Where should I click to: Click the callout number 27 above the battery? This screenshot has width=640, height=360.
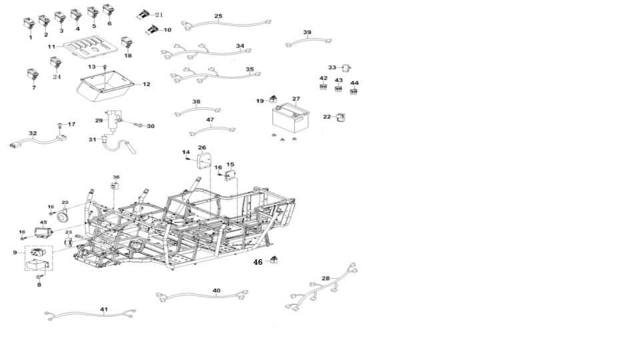[295, 99]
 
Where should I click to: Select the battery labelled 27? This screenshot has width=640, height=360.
[289, 119]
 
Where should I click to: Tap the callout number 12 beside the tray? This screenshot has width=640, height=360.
[146, 85]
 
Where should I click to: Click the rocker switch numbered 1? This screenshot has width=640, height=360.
[29, 24]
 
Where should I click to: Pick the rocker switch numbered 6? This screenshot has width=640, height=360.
[108, 11]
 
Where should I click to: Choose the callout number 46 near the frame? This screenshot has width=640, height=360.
[258, 263]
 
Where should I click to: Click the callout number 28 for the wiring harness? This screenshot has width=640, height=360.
[325, 278]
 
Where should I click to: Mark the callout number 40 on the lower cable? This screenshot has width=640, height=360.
[216, 291]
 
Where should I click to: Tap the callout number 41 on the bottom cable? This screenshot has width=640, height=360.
[103, 309]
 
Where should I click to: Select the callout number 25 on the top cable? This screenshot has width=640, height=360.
[219, 15]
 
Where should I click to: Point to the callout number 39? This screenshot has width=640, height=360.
[307, 33]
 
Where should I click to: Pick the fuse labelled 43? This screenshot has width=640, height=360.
[339, 88]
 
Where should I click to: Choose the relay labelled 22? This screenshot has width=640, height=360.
[341, 117]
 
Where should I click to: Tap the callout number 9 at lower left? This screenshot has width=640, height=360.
[15, 253]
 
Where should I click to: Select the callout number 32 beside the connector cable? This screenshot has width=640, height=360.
[33, 133]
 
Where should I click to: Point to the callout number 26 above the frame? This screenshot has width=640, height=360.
[202, 147]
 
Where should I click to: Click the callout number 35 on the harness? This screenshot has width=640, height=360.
[249, 69]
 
